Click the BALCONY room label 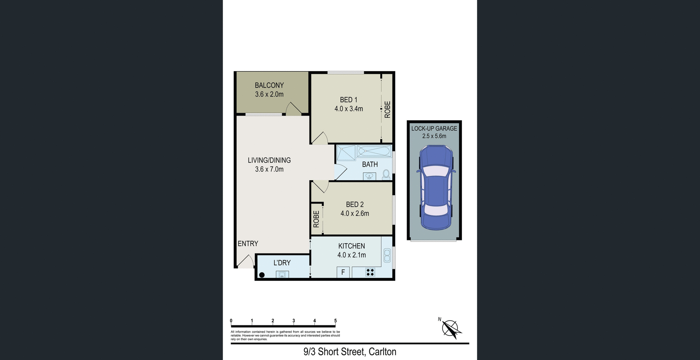269,85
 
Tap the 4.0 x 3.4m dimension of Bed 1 349,109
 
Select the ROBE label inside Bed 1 387,109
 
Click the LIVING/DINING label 269,160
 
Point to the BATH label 370,164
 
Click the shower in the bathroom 346,153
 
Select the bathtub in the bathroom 374,151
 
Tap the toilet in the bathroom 386,175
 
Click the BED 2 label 354,205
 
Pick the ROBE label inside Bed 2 316,219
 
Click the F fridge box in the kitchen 343,272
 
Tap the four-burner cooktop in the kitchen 370,272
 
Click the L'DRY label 282,263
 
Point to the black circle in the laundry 262,275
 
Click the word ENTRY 248,244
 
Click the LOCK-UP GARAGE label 434,128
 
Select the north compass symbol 451,328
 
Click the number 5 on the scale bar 335,321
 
